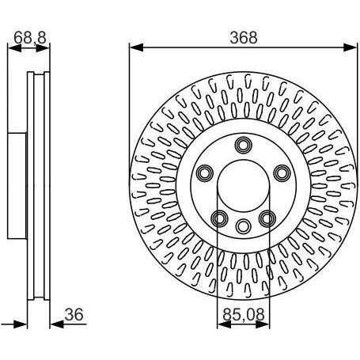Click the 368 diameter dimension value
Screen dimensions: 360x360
[244, 37]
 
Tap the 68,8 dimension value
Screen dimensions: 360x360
[30, 37]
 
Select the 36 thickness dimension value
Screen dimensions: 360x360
[74, 314]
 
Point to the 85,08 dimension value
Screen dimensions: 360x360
[244, 314]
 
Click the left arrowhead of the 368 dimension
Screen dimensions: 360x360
[137, 47]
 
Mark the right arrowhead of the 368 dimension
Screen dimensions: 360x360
[350, 47]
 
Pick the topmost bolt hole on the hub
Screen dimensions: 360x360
[244, 145]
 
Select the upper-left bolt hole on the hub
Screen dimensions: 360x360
[205, 173]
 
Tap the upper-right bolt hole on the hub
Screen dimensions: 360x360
[282, 173]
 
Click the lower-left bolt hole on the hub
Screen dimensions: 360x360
[220, 218]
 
